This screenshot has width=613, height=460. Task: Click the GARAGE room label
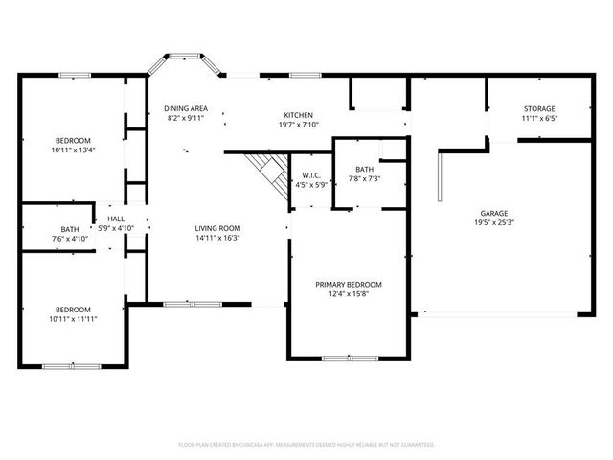pos(494,213)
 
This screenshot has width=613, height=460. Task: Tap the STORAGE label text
pos(539,108)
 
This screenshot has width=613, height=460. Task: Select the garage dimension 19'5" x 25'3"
pos(494,222)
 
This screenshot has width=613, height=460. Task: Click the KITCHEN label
pos(298,114)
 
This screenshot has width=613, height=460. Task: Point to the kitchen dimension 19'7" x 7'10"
pos(298,124)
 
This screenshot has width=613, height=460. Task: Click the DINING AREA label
pos(186,108)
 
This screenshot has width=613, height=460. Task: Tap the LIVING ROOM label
pos(217,227)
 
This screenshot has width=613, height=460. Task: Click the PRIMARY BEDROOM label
pos(349,285)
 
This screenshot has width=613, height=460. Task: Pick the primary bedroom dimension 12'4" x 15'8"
pos(349,294)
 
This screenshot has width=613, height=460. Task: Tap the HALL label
pos(116,218)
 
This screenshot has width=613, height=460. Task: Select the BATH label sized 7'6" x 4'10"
pos(70,229)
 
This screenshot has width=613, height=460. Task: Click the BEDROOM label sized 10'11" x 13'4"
pos(73,140)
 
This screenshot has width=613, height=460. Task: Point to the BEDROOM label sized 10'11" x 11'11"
pos(73,309)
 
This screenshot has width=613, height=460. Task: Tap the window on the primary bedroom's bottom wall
pos(349,358)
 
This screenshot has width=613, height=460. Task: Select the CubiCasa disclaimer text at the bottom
pos(306,445)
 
